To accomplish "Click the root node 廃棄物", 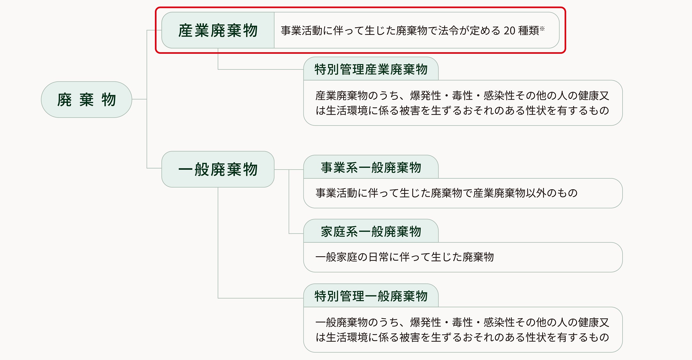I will [86, 100].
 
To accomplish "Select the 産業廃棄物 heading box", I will [218, 30].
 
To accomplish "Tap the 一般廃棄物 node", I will [218, 169].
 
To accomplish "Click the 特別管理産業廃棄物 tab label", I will [371, 69].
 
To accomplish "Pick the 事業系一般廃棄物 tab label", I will [371, 168].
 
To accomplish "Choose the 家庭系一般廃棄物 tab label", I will [371, 232].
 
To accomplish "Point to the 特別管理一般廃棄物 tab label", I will [371, 296].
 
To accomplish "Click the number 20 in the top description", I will [510, 31].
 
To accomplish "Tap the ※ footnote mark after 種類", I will [542, 29].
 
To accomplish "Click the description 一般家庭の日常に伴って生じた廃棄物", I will [405, 257].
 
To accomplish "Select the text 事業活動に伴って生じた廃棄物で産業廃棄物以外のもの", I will [447, 193].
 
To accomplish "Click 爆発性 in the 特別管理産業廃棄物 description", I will [425, 95].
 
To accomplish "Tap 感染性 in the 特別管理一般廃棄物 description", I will [499, 322].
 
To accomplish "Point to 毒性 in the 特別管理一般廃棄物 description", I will [462, 322].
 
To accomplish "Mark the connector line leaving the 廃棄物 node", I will [139, 99].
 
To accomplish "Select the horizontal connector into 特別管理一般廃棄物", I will [259, 298].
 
